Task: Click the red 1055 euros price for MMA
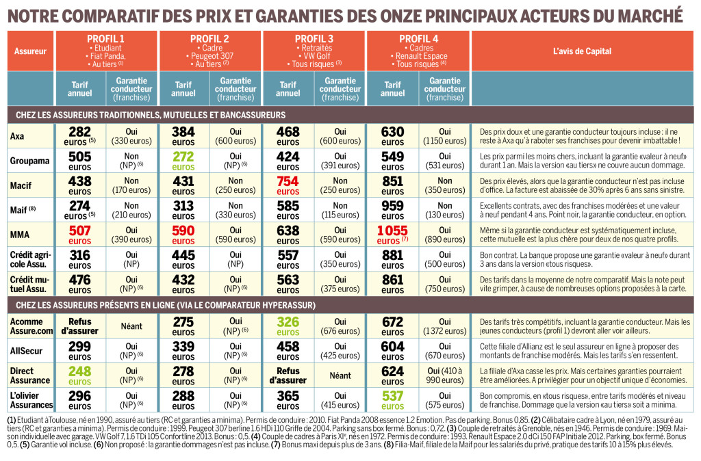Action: pyautogui.click(x=392, y=235)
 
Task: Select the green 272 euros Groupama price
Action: pyautogui.click(x=183, y=161)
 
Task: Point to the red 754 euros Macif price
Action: pyautogui.click(x=288, y=185)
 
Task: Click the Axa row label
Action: pyautogui.click(x=18, y=136)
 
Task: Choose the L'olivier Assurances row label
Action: pyautogui.click(x=30, y=399)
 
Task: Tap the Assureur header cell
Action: pyautogui.click(x=29, y=51)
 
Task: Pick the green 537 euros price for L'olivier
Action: pyautogui.click(x=392, y=399)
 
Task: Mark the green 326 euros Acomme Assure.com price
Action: pyautogui.click(x=288, y=326)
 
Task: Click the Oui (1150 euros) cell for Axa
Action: pyautogui.click(x=444, y=136)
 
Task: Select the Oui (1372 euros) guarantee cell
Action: pyautogui.click(x=444, y=326)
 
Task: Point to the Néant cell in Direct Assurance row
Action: pyautogui.click(x=340, y=375)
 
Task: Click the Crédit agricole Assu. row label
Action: pyautogui.click(x=30, y=259)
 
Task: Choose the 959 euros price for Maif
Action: pyautogui.click(x=392, y=210)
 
